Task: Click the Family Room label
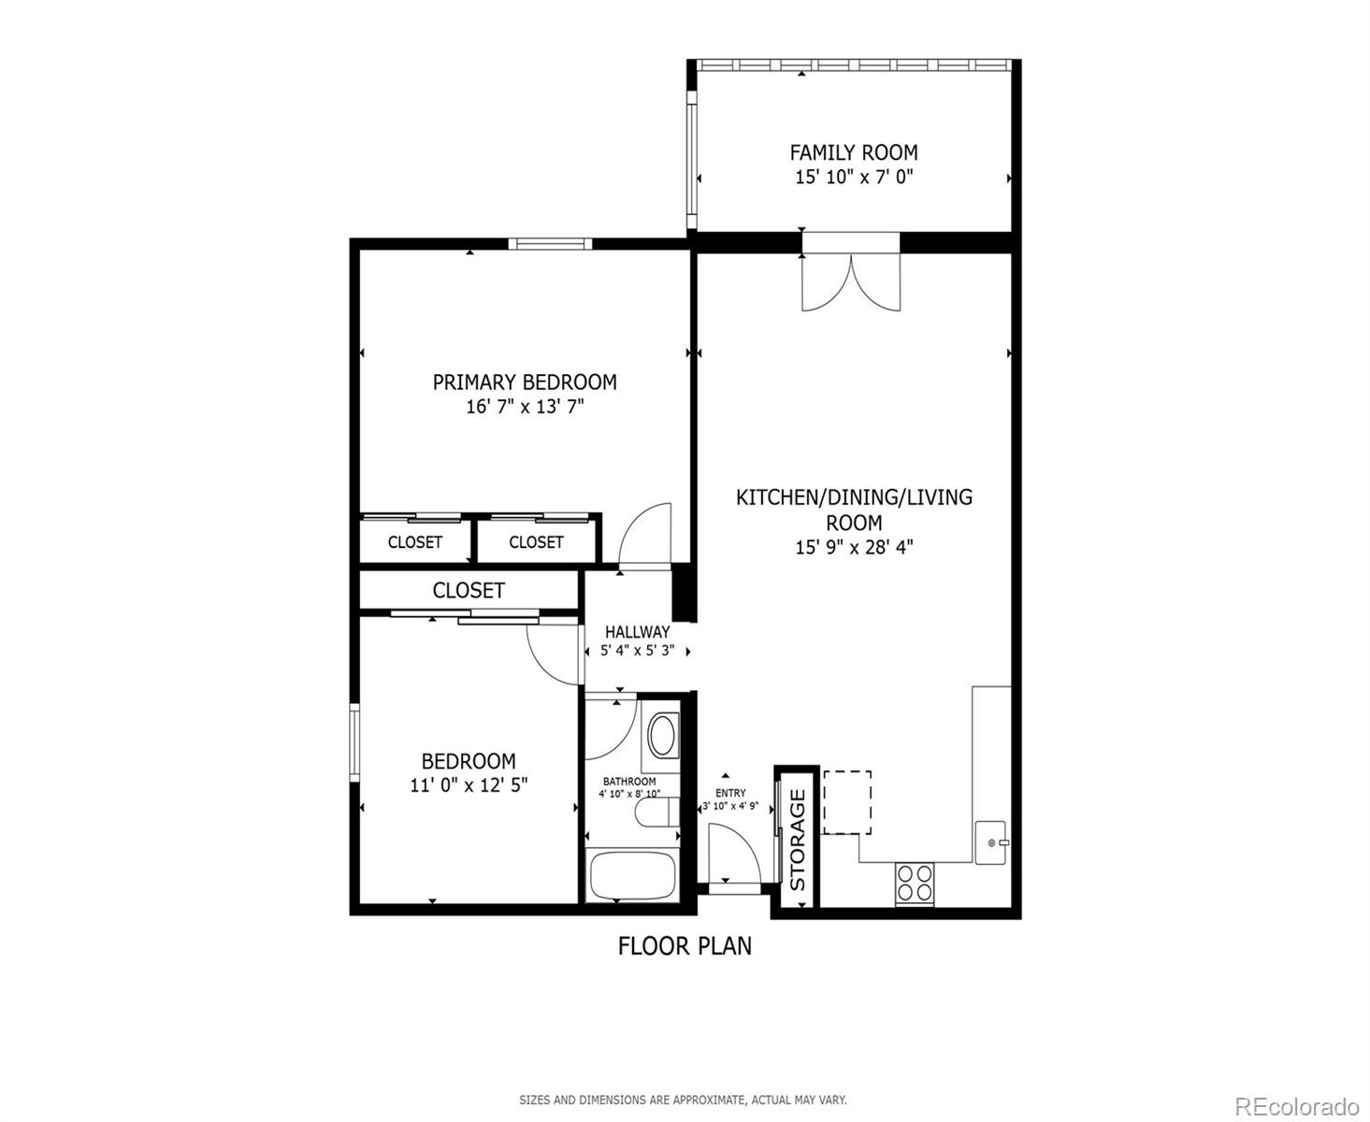853,152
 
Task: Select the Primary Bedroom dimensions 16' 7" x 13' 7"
525,407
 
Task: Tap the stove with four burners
915,883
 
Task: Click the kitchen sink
990,841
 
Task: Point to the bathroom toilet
656,813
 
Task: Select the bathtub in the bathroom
632,875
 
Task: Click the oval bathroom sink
664,735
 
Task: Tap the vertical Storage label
798,840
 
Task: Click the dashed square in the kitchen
847,802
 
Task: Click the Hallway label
637,632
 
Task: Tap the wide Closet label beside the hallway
469,590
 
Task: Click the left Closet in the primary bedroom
414,542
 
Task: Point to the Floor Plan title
685,946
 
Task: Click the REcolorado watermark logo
1297,1106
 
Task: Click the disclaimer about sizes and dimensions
683,1100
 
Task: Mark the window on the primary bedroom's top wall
551,244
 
